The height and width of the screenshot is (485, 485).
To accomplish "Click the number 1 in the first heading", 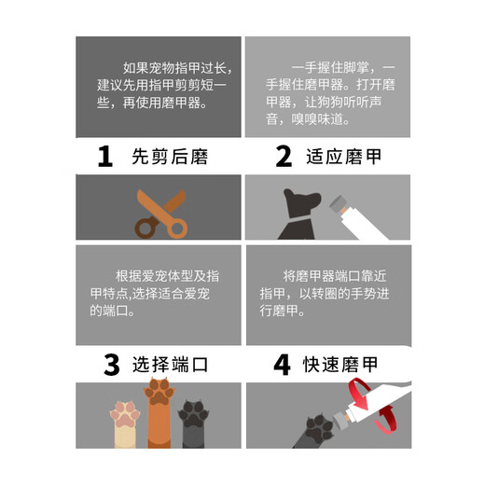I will [x=105, y=157].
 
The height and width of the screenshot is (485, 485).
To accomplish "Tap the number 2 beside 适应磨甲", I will [x=284, y=157].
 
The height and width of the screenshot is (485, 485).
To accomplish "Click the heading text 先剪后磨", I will [x=169, y=157].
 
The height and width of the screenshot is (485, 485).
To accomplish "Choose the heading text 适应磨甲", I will [x=344, y=157].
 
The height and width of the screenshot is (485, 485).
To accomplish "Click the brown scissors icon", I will [x=159, y=214].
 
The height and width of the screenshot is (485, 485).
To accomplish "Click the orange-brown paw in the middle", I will [x=159, y=410].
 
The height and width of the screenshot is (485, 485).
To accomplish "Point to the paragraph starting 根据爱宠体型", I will [x=159, y=293].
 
